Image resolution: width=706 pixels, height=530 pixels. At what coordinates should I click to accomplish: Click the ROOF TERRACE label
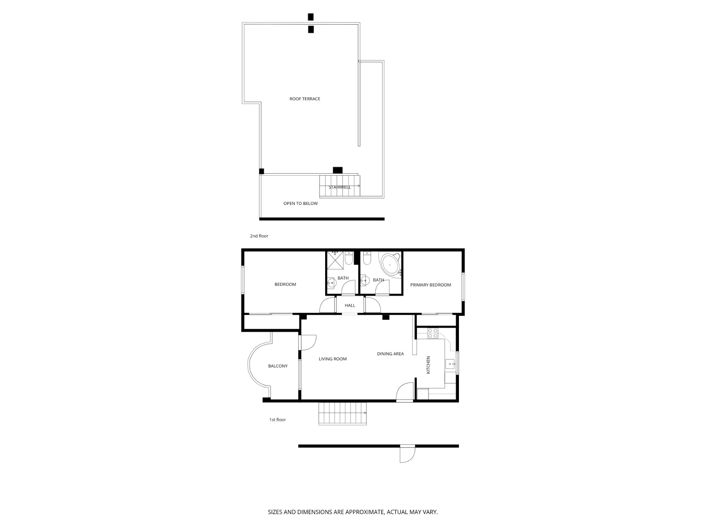pos(304,99)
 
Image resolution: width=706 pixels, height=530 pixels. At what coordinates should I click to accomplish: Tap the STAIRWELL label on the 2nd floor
pos(339,187)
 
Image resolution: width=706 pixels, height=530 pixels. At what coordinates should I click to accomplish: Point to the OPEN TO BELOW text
pos(300,204)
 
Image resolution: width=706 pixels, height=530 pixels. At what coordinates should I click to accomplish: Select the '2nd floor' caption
pos(259,236)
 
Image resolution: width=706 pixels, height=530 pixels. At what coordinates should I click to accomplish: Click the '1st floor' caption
pos(278,420)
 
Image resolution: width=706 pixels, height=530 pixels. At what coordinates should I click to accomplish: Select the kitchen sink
pos(450,365)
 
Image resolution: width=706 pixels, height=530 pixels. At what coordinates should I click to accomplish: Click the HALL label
pos(350,306)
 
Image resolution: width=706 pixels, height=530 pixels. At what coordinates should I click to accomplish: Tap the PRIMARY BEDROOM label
pos(431,285)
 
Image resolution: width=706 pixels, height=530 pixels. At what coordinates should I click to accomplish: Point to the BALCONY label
pos(278,366)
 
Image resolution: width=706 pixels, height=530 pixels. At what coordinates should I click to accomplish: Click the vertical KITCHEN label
pos(428,365)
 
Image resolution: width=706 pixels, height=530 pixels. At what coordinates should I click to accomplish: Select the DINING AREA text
pos(391,354)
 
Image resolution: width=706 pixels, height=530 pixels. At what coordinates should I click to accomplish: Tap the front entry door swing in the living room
pos(405,393)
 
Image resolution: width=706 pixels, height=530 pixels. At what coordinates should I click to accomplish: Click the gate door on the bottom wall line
pos(407,454)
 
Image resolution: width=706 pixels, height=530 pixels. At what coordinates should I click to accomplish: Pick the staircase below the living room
pos(343,414)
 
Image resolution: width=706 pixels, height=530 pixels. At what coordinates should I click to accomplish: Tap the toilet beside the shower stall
pos(349,259)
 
